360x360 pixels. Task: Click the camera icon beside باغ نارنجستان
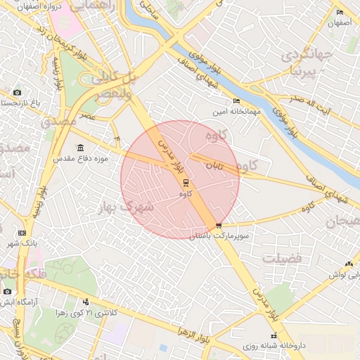coord(18,93)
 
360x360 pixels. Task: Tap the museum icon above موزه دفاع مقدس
coord(79,148)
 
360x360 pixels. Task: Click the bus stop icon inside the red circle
coord(186,182)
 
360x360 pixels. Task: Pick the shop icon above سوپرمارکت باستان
coord(219,226)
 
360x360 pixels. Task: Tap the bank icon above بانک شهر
coord(22,233)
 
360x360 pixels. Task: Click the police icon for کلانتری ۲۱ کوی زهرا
coord(86,301)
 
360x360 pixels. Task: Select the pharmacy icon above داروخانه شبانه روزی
coord(274,336)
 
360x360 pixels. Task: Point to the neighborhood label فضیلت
coord(282,259)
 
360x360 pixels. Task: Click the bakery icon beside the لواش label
coord(349,264)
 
